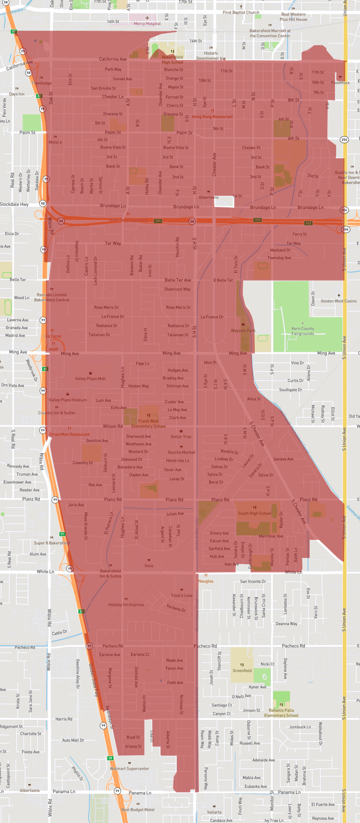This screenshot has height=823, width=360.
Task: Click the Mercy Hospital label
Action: [x=147, y=23]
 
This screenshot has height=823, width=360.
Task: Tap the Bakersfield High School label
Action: [x=172, y=60]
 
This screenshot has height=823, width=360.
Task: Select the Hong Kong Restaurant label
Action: [x=212, y=117]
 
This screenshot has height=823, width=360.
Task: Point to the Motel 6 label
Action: [x=55, y=142]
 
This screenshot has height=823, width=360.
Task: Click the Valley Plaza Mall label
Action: [x=90, y=378]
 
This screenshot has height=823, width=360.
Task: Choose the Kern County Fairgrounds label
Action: [x=303, y=331]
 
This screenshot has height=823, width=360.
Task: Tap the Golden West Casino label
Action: [x=338, y=301]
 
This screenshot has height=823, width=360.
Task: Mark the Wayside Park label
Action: [x=243, y=330]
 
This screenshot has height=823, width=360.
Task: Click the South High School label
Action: [x=254, y=513]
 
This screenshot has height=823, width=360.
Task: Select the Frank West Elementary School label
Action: [x=149, y=424]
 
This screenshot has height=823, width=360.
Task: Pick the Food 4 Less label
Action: [x=182, y=595]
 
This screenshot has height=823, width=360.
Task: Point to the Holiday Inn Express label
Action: [x=126, y=604]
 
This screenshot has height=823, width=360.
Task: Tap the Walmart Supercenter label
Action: [x=129, y=769]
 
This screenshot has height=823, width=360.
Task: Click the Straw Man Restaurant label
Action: [x=70, y=434]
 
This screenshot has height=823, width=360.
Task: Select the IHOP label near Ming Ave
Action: [x=53, y=349]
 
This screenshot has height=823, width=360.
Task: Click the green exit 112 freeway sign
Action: [x=309, y=223]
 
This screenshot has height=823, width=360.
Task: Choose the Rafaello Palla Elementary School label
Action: [x=281, y=713]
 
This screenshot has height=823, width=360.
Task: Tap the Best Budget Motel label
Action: [x=138, y=810]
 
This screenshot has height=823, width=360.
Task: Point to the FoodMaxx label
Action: [x=340, y=83]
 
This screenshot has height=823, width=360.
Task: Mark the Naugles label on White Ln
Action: [x=206, y=581]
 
